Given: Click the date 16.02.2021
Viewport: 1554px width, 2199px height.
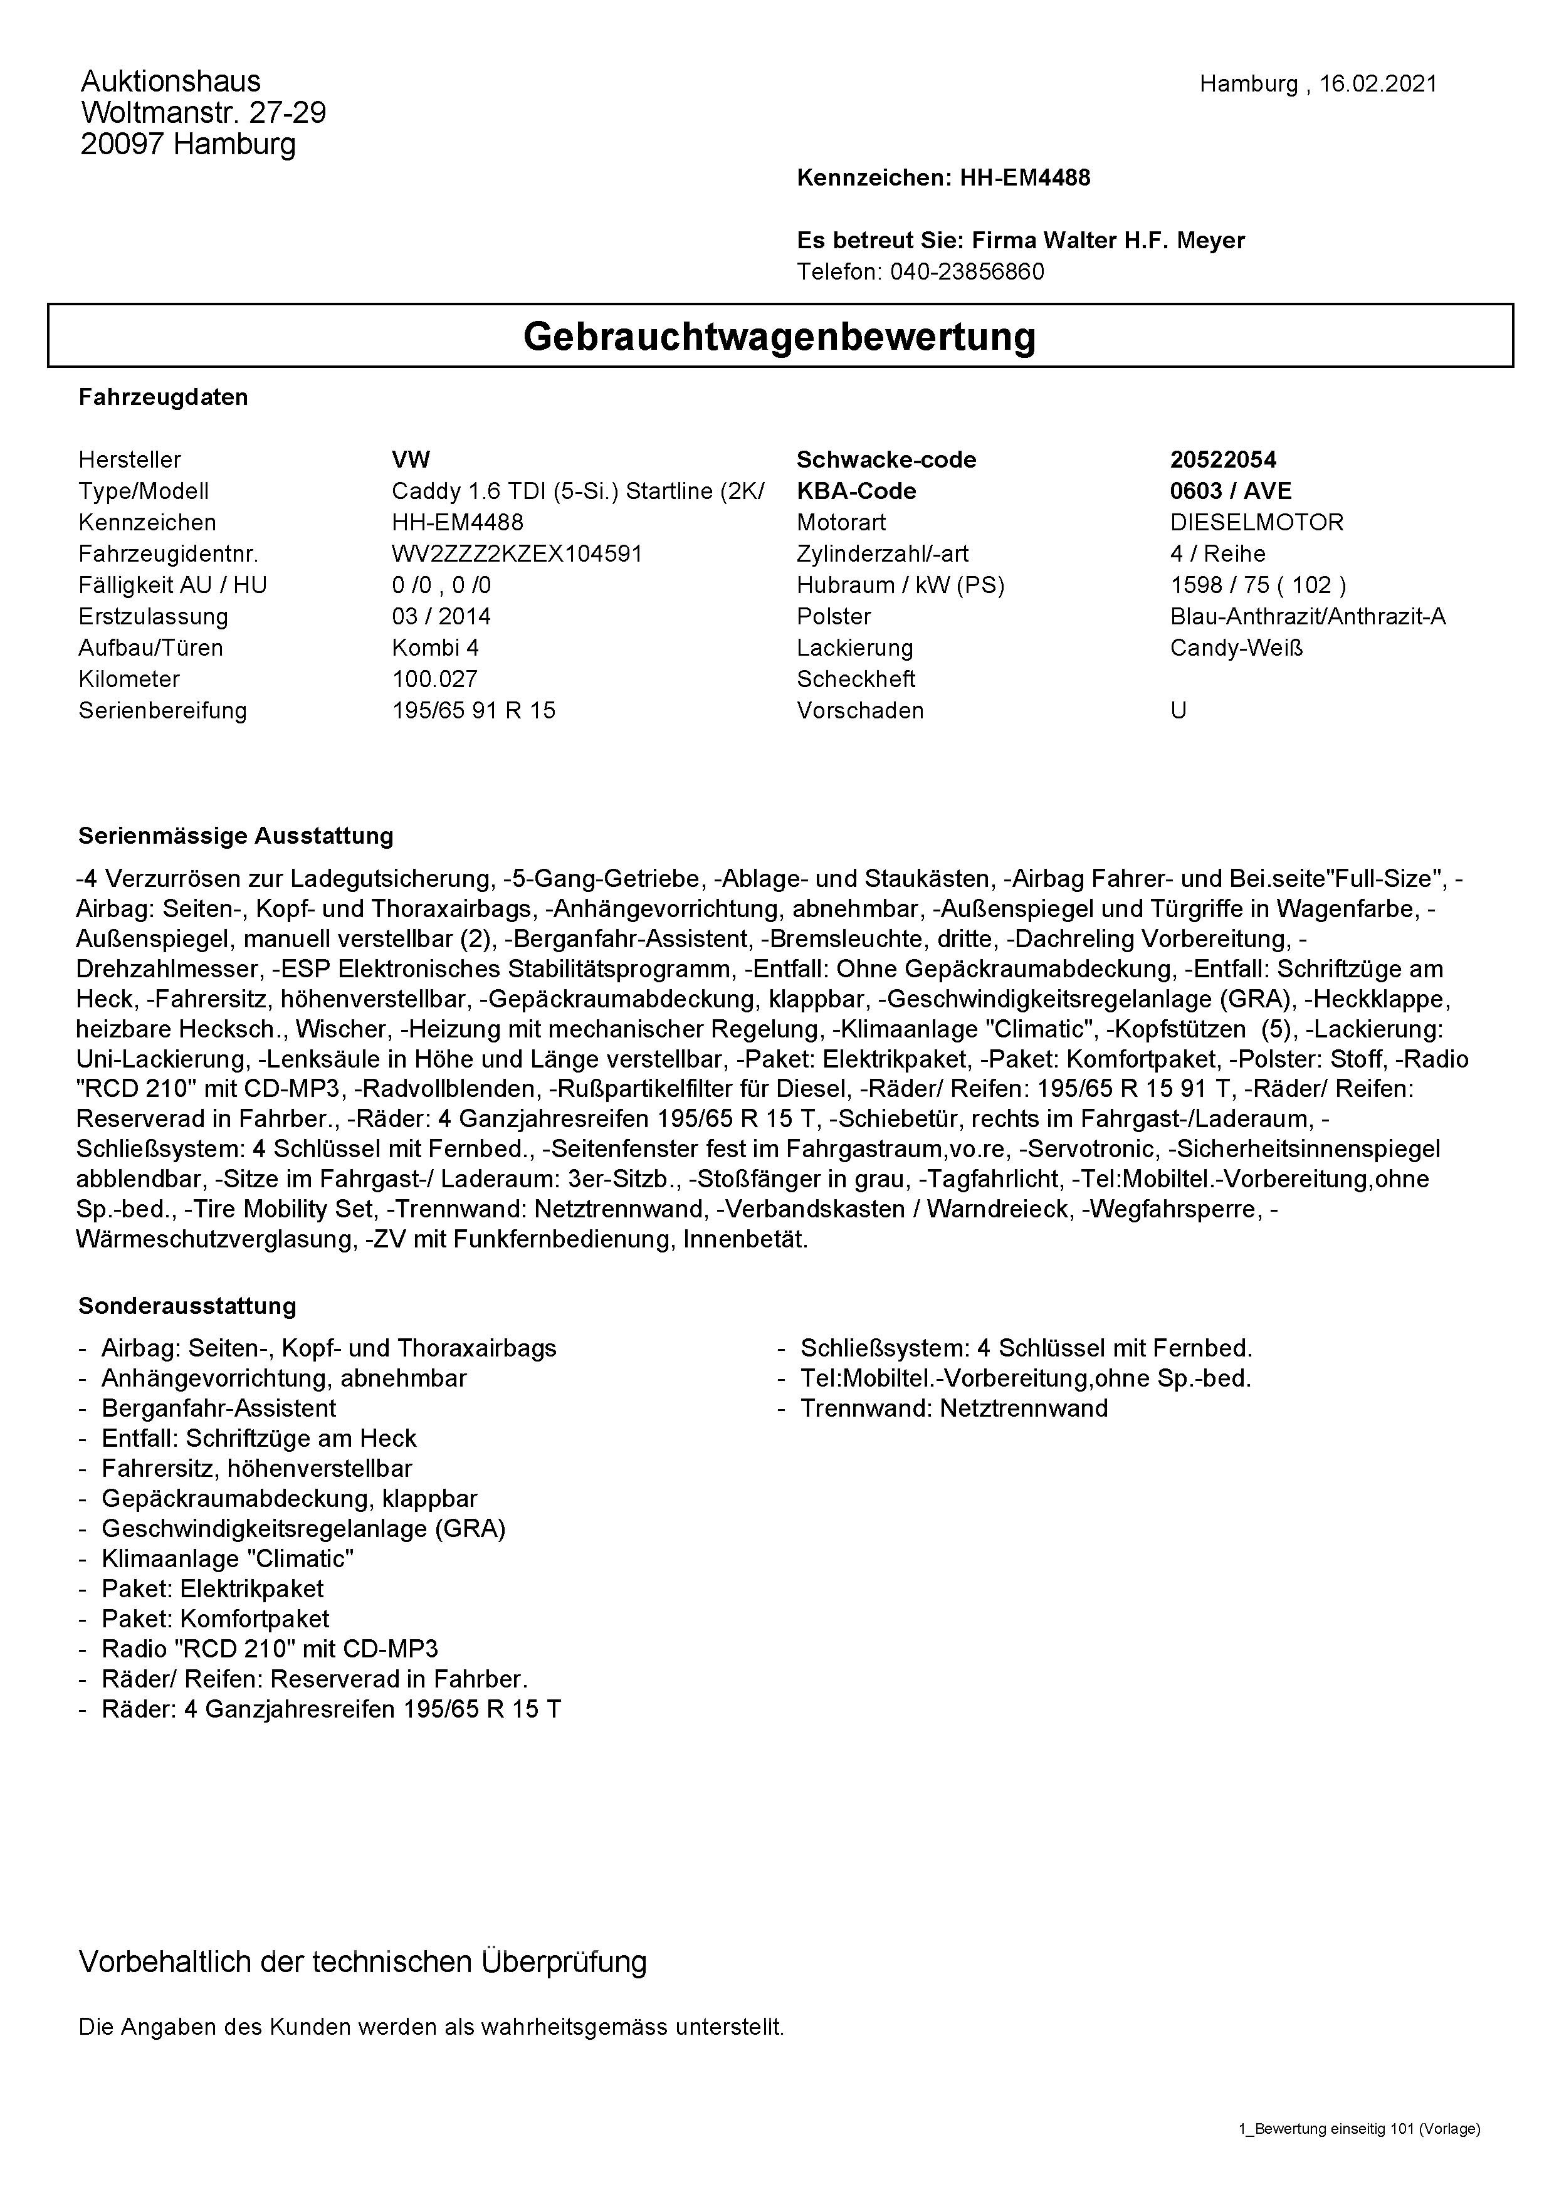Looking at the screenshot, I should click(x=1378, y=84).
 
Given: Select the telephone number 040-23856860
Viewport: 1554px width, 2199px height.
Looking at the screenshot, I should click(x=967, y=272).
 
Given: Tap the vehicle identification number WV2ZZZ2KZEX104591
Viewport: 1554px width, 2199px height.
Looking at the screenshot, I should click(x=517, y=554).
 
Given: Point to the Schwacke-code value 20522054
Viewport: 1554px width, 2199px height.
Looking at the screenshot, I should click(x=1223, y=459).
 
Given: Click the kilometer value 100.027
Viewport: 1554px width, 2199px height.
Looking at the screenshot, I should click(x=434, y=679).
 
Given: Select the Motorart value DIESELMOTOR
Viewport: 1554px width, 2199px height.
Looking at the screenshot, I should click(x=1256, y=522).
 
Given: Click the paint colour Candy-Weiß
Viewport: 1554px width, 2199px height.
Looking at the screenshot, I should click(x=1236, y=648).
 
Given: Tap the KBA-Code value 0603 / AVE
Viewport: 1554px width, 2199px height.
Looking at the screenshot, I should click(x=1231, y=491).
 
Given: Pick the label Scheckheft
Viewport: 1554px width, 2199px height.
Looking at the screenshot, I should click(x=855, y=679).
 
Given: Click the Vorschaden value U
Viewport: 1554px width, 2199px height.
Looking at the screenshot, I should click(x=1178, y=711).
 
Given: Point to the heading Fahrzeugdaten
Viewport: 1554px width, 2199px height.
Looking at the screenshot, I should click(x=163, y=397).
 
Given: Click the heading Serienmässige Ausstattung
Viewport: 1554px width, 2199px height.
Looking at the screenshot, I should click(x=236, y=836).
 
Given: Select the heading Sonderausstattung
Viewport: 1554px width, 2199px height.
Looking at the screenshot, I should click(x=187, y=1306).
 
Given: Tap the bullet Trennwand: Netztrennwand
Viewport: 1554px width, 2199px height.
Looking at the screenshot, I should click(x=953, y=1409).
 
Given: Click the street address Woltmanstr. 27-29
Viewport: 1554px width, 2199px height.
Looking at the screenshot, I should click(x=203, y=113).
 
